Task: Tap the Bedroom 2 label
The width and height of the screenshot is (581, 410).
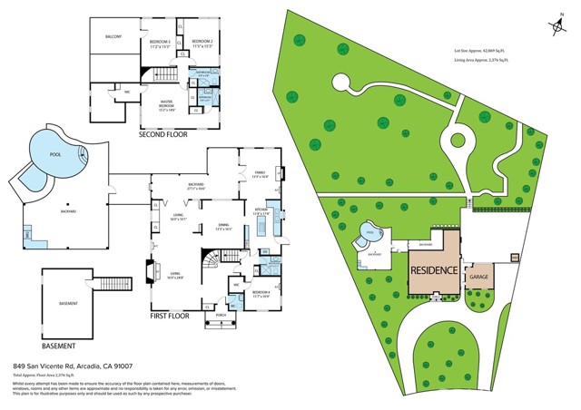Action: (202, 43)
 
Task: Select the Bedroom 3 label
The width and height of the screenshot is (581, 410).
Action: (161, 43)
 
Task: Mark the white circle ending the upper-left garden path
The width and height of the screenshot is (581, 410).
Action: (341, 83)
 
